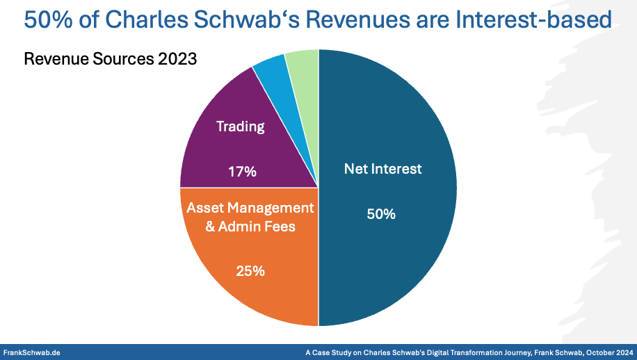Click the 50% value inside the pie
tap(381, 214)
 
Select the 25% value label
tap(250, 271)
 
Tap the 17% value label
tap(242, 172)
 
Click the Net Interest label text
tap(382, 168)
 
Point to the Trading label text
tap(241, 126)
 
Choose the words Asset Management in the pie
tap(250, 208)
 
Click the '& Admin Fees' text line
tap(250, 226)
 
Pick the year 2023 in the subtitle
tap(177, 59)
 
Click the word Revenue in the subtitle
tap(56, 59)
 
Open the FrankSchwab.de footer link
tap(32, 352)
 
